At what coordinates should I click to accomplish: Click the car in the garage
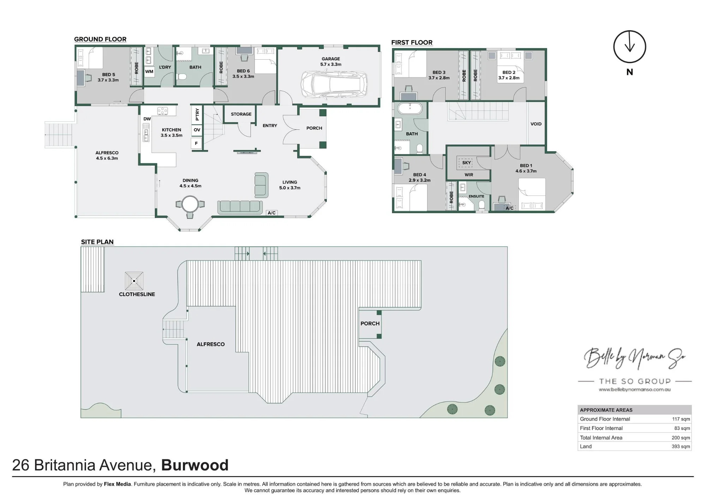(334, 85)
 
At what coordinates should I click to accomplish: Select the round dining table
(190, 204)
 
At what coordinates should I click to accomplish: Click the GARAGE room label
(331, 59)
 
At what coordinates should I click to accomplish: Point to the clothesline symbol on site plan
(134, 281)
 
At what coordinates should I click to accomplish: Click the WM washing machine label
(149, 72)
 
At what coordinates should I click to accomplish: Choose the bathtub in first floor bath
(410, 108)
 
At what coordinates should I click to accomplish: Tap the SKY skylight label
(467, 163)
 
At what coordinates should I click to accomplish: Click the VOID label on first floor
(536, 124)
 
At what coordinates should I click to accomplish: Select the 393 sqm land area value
(681, 446)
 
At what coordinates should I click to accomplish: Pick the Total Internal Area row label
(601, 438)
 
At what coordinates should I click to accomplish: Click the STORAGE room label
(241, 114)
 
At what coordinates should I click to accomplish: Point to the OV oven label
(197, 130)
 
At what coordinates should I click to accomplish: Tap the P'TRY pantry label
(197, 114)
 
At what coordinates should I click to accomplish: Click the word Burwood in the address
(195, 465)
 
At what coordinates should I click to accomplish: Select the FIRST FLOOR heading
(412, 42)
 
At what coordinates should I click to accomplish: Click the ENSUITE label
(476, 196)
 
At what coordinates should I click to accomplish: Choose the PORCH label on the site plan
(370, 323)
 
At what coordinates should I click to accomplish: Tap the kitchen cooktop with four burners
(162, 111)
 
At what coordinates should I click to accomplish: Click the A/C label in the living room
(271, 213)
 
